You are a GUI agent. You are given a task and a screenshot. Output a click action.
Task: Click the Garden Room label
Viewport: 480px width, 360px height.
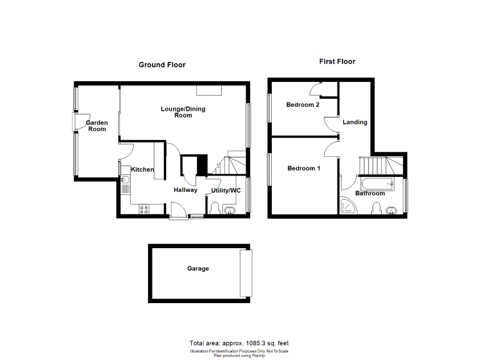tap(96, 126)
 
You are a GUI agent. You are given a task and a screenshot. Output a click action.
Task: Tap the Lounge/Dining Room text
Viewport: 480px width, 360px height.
tap(182, 112)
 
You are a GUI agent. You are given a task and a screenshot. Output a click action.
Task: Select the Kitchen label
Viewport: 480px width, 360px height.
tap(142, 169)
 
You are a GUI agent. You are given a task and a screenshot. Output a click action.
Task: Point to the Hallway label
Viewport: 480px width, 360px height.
tap(186, 189)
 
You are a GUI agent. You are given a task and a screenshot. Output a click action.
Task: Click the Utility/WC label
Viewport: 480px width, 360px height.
tap(226, 190)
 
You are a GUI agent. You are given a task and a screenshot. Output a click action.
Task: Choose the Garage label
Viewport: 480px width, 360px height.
tap(197, 269)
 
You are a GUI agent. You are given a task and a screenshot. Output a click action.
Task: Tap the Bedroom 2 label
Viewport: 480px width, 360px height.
tap(302, 104)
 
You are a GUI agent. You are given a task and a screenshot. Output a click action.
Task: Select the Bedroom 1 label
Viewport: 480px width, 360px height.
tap(304, 168)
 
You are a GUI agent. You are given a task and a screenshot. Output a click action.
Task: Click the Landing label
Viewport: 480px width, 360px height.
tap(355, 122)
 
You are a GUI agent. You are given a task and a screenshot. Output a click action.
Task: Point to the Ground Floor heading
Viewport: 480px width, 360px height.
tap(162, 65)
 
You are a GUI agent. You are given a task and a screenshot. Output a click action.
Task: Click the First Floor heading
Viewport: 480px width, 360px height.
tap(337, 62)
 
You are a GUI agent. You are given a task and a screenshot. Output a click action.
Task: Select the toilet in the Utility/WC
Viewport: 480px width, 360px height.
tap(214, 208)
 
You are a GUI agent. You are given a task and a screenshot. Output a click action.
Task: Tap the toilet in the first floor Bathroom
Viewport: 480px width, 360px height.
tap(377, 208)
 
